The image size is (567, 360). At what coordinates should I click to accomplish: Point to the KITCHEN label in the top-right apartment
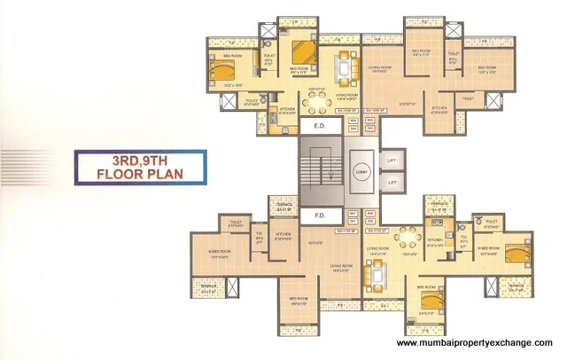point(440,111)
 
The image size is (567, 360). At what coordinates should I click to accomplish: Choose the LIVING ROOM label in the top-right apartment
point(381,67)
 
